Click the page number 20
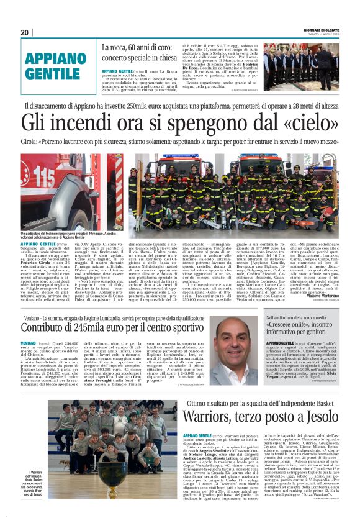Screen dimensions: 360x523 25,32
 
